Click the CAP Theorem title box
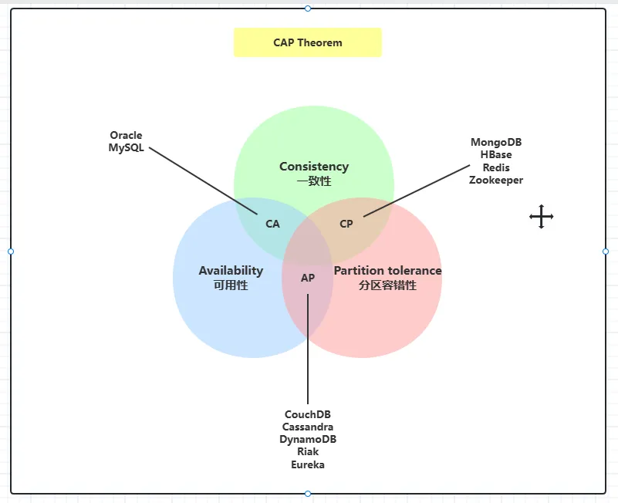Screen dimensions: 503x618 [x=307, y=42]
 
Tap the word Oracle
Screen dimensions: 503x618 [x=126, y=136]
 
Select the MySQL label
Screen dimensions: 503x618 [x=126, y=148]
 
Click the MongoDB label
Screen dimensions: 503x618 [x=496, y=142]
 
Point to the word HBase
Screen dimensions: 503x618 [x=496, y=154]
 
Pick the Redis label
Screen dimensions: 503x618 [x=496, y=167]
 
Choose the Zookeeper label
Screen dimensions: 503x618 [x=496, y=180]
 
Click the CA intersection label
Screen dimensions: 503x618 [x=272, y=224]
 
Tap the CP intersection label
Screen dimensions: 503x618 [x=346, y=224]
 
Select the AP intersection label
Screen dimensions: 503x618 [x=308, y=278]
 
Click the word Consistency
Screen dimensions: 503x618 [x=314, y=167]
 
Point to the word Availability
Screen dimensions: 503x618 [x=231, y=271]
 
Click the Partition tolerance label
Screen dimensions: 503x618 [x=387, y=271]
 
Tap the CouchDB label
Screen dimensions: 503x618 [x=308, y=414]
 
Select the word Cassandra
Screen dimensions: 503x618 [x=308, y=427]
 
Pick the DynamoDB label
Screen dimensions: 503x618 [x=308, y=439]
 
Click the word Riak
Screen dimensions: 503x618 [x=308, y=451]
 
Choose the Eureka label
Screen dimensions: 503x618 [x=308, y=464]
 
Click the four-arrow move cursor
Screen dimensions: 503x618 [x=542, y=217]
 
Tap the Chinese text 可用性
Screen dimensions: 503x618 [x=231, y=285]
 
